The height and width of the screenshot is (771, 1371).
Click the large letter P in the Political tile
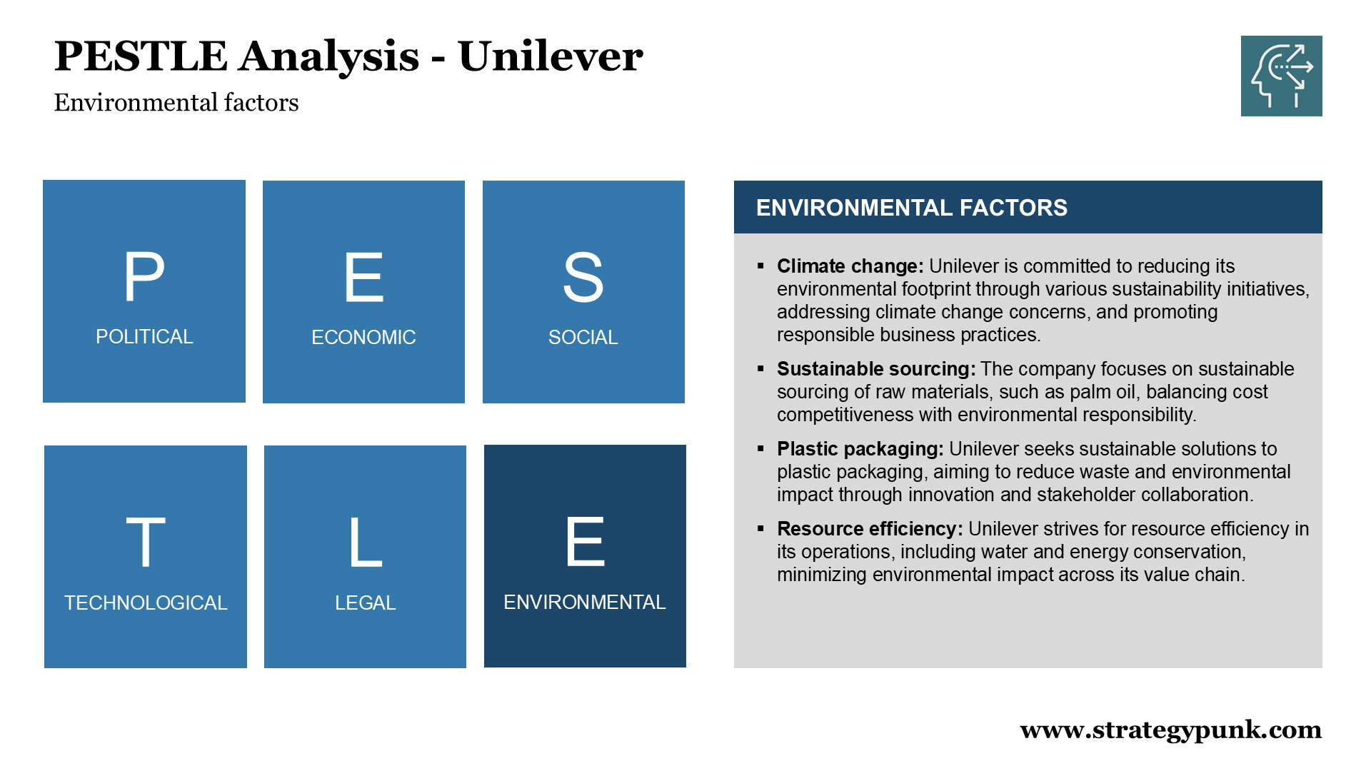tap(144, 276)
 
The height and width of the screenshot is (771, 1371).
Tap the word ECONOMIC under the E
tap(363, 337)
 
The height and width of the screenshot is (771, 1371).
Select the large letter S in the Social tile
tap(583, 277)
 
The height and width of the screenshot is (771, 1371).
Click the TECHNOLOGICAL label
tap(146, 603)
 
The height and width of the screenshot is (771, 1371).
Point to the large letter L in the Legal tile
tap(365, 543)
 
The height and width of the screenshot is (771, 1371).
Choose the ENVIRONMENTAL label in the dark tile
tap(585, 602)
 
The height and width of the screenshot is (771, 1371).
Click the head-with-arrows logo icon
tap(1282, 76)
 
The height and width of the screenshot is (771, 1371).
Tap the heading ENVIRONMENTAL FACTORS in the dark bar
tap(912, 208)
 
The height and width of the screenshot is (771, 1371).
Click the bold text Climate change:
tap(850, 266)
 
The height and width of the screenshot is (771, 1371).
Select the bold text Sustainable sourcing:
tap(876, 369)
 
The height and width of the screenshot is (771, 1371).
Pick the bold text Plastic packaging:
tap(860, 449)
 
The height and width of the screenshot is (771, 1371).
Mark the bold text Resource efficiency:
tap(870, 529)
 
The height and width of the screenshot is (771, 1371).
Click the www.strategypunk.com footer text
tap(1171, 730)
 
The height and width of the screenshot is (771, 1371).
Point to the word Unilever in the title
tap(551, 56)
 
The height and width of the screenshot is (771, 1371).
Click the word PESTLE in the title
tap(141, 56)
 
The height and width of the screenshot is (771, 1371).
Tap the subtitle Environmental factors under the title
tap(176, 103)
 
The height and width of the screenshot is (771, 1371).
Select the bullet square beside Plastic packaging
tap(760, 449)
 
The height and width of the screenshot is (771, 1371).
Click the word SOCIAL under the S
tap(583, 337)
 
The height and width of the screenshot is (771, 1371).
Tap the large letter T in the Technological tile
tap(146, 543)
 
